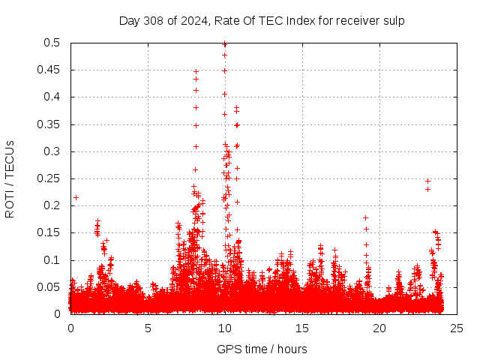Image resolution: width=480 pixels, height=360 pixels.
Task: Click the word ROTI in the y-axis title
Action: coord(10,204)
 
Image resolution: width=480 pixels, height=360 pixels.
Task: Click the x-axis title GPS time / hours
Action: coord(262,349)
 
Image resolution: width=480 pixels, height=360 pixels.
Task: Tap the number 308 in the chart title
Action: coord(153,20)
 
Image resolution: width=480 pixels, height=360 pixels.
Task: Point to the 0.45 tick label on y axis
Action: coord(50,70)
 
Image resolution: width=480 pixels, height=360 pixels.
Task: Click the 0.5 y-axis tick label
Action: coord(53,43)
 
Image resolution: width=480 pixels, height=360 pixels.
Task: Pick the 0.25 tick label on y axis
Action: coord(50,178)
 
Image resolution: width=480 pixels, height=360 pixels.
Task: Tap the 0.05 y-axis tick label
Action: coord(50,287)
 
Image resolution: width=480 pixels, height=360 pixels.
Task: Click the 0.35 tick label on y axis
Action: coord(50,124)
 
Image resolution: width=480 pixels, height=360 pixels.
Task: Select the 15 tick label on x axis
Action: coord(302,328)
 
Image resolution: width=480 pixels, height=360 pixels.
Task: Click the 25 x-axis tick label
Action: coord(456,328)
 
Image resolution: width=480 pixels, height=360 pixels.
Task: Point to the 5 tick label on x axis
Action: coord(148,328)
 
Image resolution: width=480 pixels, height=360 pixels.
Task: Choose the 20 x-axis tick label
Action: coord(379,328)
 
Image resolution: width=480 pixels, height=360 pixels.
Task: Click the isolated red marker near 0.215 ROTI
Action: coord(76,197)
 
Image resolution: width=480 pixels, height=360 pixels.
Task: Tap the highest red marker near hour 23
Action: coord(427,181)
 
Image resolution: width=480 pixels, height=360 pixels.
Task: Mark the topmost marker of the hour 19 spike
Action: coord(365,217)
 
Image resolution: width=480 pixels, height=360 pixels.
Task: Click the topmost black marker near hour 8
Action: coord(196,71)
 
